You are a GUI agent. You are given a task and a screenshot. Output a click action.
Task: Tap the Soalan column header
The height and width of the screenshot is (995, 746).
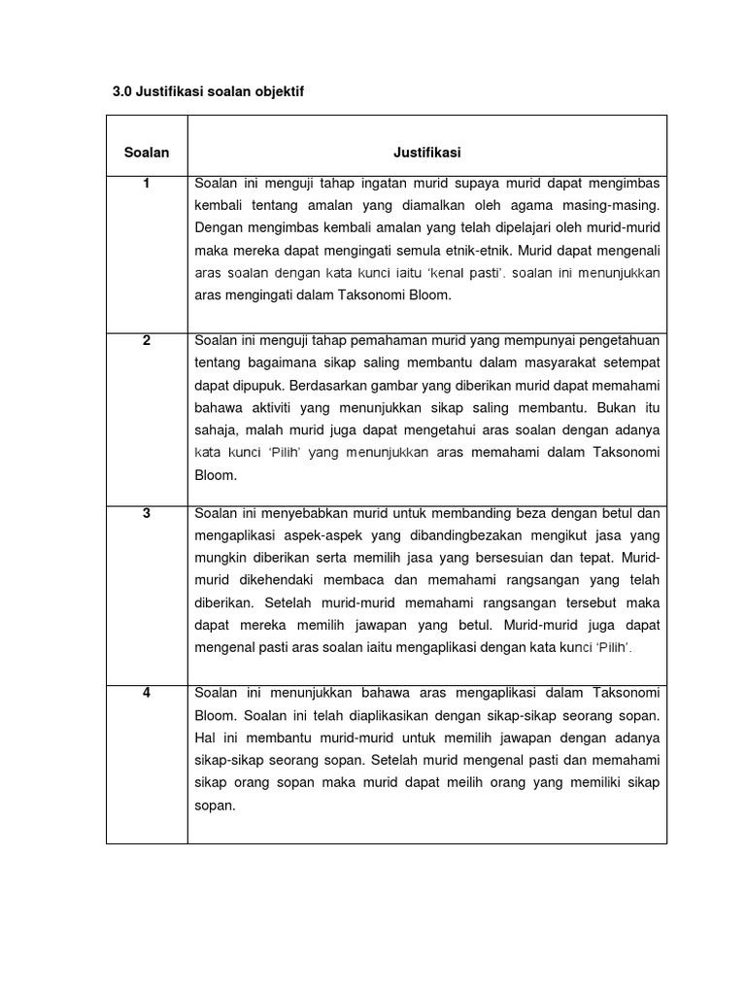[x=147, y=153]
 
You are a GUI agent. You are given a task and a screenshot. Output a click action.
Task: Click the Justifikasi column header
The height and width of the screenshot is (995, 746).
[x=426, y=153]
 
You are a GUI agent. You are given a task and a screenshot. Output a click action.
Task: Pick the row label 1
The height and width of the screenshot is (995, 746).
[x=147, y=184]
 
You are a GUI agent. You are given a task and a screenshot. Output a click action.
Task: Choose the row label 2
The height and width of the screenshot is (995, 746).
[x=147, y=340]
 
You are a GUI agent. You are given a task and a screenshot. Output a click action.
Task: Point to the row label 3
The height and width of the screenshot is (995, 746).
[x=147, y=514]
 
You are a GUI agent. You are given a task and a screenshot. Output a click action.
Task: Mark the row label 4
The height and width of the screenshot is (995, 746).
[x=147, y=693]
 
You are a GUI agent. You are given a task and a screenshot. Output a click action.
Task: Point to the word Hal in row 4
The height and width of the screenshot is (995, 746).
[x=205, y=738]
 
